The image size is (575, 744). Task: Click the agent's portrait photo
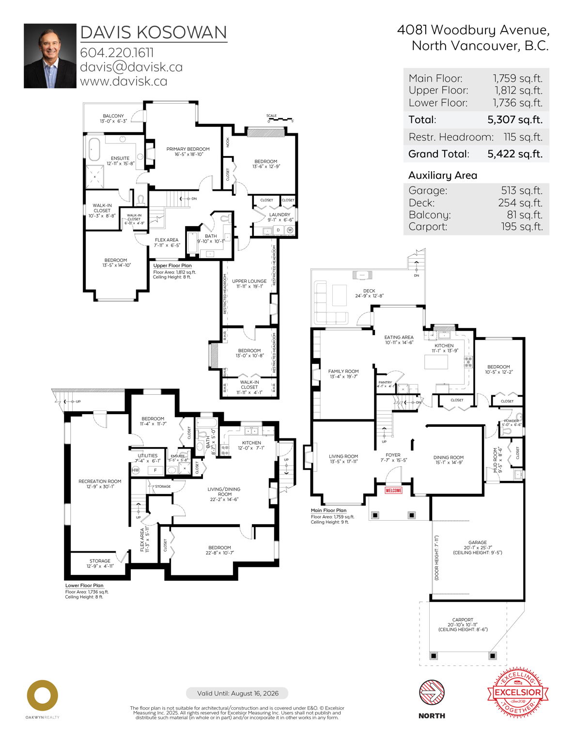coord(50,56)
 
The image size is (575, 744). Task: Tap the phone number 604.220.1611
coord(117,52)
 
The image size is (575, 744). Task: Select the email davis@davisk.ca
coord(131,67)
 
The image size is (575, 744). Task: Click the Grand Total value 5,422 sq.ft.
coord(514,154)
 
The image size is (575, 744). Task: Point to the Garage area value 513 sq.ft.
coord(522,190)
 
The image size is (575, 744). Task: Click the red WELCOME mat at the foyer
coord(393,490)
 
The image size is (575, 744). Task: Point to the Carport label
coord(463,620)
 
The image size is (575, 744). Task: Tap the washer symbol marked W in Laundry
coord(290,230)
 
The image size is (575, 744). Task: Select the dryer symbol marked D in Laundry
coord(278,230)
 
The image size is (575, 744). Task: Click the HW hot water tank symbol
coord(136,470)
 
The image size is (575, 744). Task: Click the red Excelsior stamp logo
coord(517,692)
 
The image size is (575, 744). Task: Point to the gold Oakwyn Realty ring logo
coord(42,696)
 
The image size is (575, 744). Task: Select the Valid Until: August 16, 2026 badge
coord(237,693)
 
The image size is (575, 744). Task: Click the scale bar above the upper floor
coord(280,119)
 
